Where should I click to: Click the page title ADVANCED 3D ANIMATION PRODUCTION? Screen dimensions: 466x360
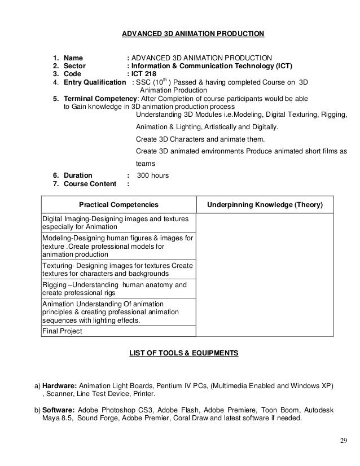(x=192, y=34)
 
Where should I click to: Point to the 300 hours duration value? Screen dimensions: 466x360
(x=152, y=175)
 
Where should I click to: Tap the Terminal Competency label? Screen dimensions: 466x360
(x=100, y=98)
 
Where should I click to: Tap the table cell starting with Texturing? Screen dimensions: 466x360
(x=117, y=269)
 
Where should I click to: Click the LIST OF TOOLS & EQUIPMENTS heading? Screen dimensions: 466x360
(x=184, y=354)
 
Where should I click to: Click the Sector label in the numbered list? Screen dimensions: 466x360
(x=74, y=65)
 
